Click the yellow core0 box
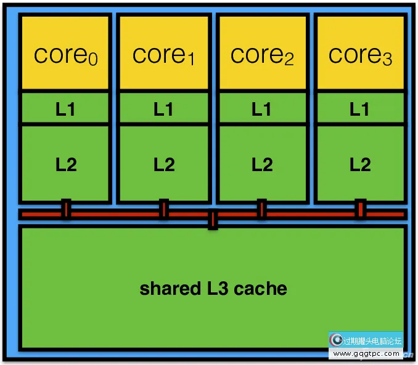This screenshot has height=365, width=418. click(65, 54)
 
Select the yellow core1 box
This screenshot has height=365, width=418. click(164, 54)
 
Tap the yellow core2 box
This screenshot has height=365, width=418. click(262, 54)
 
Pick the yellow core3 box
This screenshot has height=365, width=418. click(360, 54)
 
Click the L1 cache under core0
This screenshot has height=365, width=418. click(65, 109)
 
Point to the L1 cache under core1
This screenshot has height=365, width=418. click(164, 109)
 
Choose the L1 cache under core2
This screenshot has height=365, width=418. click(262, 109)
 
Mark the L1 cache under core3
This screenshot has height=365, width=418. click(360, 109)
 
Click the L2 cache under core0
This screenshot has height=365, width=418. click(65, 164)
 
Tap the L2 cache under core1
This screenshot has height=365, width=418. click(164, 164)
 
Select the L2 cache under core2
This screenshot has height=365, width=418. click(262, 164)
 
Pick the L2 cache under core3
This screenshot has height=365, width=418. click(360, 164)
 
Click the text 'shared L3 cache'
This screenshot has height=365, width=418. click(213, 288)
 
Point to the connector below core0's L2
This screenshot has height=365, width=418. click(66, 209)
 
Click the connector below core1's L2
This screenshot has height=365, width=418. click(164, 209)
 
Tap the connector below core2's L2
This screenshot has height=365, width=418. click(262, 209)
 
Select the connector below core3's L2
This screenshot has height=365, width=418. click(360, 209)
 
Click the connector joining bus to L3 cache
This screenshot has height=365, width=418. click(213, 220)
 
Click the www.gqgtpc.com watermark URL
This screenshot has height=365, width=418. click(367, 354)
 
